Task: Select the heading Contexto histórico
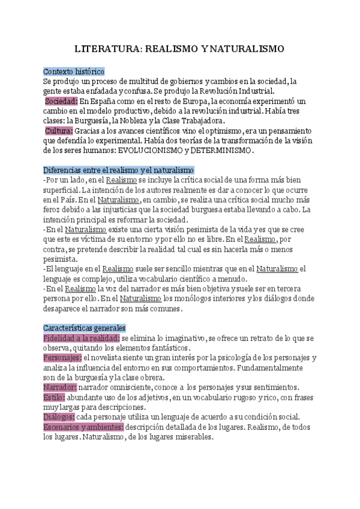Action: tap(74, 71)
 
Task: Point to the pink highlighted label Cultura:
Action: tap(59, 130)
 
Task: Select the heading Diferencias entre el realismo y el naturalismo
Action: tap(118, 170)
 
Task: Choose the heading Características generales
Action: tap(84, 328)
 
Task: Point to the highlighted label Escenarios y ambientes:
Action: tap(83, 427)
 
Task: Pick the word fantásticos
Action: tap(169, 348)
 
